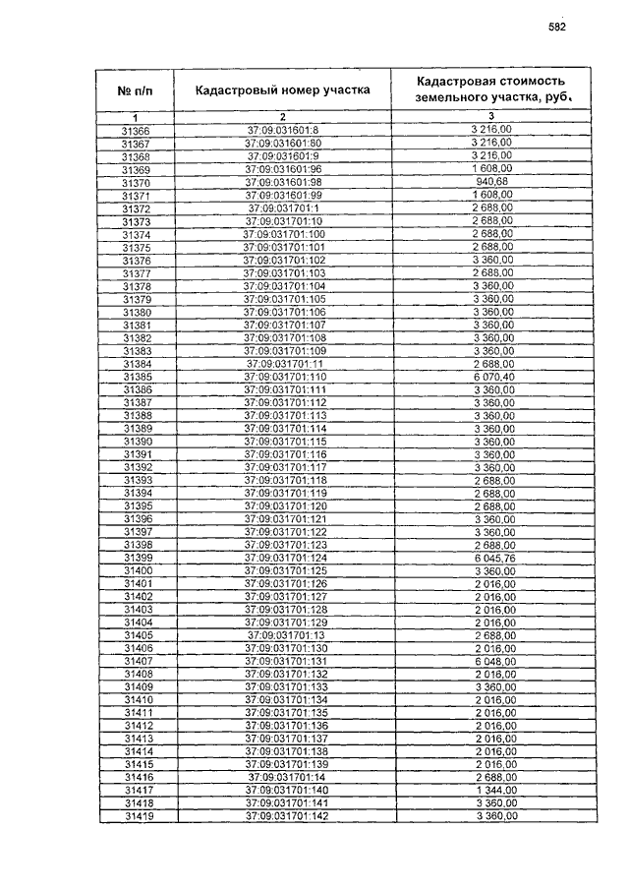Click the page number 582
click(x=556, y=27)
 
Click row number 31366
click(x=136, y=131)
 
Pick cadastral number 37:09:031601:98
click(x=283, y=183)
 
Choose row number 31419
click(x=136, y=816)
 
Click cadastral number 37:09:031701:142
click(x=283, y=816)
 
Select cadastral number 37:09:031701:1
click(x=283, y=208)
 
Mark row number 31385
click(x=136, y=378)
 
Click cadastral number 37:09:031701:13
click(x=283, y=636)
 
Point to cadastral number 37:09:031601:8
click(x=283, y=131)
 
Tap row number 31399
click(x=136, y=559)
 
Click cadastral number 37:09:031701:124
click(x=283, y=559)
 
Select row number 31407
click(x=136, y=662)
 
